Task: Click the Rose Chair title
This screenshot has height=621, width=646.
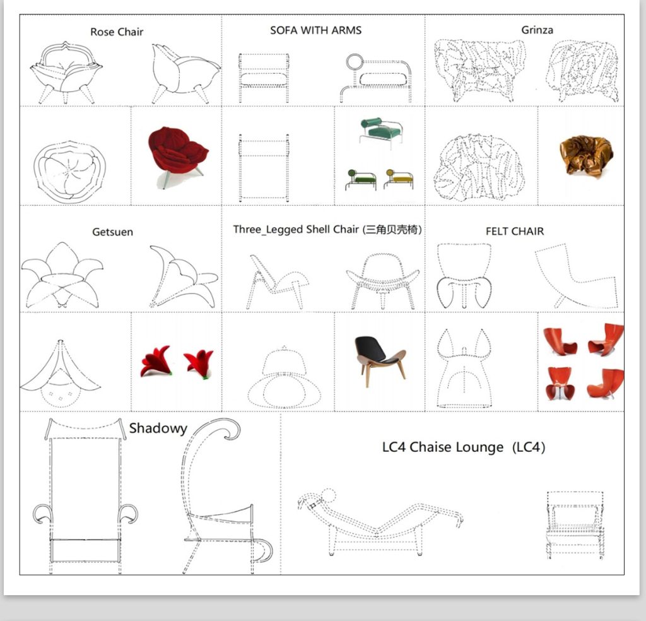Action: click(x=117, y=32)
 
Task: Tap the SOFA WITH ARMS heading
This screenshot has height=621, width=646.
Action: click(x=315, y=30)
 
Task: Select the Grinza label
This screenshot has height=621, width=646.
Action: click(x=537, y=30)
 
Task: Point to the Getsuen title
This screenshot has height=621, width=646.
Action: click(x=112, y=232)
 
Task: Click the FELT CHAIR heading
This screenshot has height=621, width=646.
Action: click(x=515, y=231)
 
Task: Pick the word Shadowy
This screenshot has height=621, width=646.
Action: click(x=158, y=429)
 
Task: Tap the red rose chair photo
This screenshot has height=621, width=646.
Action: click(x=177, y=155)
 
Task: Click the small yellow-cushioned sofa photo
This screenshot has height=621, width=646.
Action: click(x=398, y=179)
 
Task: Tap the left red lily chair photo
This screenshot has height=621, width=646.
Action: click(x=155, y=361)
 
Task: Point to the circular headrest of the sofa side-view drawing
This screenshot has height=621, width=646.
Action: click(x=355, y=62)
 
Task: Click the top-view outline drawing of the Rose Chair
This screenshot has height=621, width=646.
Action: click(x=69, y=172)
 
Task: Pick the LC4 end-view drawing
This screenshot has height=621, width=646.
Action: click(x=575, y=524)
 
